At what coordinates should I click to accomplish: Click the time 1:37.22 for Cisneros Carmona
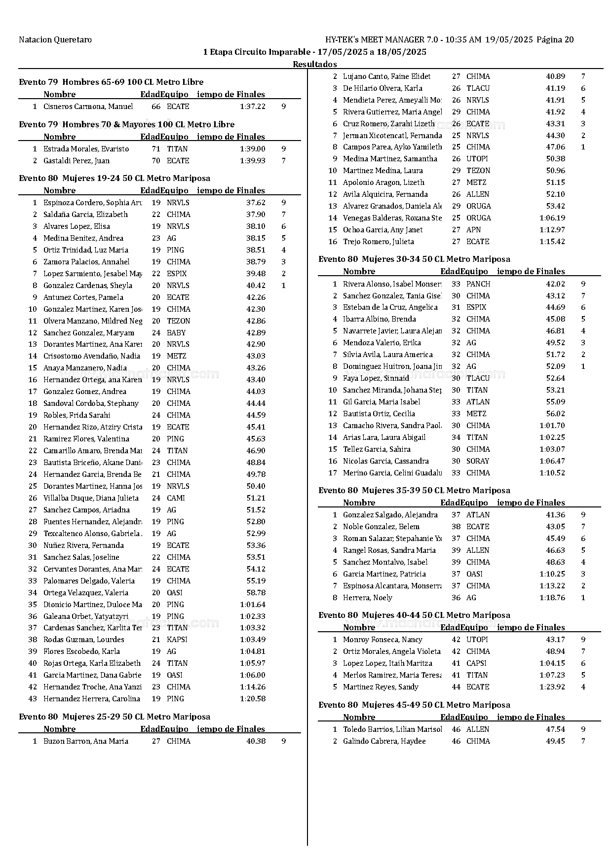click(252, 107)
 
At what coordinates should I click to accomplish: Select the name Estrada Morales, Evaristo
click(86, 149)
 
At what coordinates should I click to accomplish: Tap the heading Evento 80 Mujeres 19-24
click(115, 179)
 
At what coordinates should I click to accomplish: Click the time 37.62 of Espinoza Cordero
click(256, 203)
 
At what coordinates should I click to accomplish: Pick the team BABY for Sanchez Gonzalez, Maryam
click(176, 333)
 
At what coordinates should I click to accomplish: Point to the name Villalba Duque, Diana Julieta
click(91, 498)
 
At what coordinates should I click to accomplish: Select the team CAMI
click(176, 498)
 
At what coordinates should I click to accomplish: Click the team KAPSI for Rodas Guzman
click(177, 640)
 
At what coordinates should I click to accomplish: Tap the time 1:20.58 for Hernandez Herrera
click(252, 699)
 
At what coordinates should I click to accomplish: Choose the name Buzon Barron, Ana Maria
click(85, 741)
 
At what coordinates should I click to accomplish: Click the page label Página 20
click(555, 40)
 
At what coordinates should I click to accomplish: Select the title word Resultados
click(315, 64)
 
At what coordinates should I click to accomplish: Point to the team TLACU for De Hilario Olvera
click(478, 88)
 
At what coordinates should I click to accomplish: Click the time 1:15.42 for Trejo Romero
click(552, 242)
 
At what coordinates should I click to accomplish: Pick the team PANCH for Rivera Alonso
click(478, 284)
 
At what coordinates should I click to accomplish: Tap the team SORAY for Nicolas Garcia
click(477, 461)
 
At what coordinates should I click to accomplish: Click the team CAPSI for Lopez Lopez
click(476, 663)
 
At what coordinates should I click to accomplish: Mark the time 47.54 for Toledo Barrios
click(555, 729)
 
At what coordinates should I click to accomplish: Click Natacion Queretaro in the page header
click(55, 40)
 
